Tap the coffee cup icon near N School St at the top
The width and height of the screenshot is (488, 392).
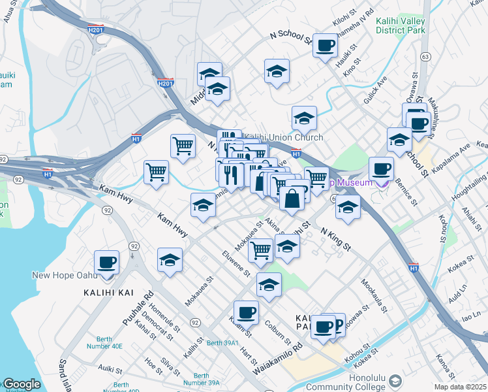click(325, 46)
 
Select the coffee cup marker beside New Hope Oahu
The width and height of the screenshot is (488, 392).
click(106, 263)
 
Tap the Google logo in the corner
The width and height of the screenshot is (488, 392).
click(22, 384)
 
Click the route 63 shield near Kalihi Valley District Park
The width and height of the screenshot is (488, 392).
click(425, 57)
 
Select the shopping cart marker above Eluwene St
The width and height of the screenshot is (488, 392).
click(260, 249)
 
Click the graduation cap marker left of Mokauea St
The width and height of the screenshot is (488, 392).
click(170, 260)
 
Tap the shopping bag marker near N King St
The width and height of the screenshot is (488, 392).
click(292, 198)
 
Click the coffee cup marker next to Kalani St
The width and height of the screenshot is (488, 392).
click(245, 312)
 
